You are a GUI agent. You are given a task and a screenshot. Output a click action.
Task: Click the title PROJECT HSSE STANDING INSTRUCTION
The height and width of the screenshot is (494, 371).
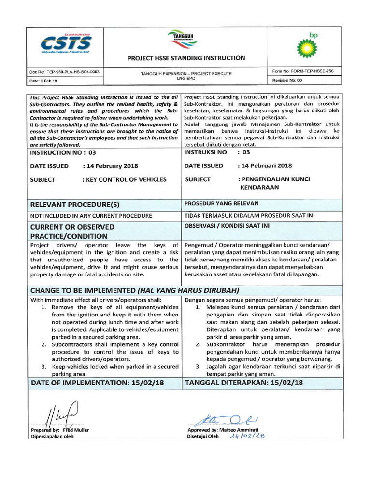pos(185,58)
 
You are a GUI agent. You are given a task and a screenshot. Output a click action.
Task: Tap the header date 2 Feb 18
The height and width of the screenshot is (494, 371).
pos(44,81)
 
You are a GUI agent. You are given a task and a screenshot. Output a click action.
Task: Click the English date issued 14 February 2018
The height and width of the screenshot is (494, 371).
pos(112,165)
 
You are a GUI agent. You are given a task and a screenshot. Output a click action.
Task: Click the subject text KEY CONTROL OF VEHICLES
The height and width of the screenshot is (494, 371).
pos(126,179)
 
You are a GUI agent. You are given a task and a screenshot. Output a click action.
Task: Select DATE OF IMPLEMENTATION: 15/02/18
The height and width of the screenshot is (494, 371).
pos(97,383)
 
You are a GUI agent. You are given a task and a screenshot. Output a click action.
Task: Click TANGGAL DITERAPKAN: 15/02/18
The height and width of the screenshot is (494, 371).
pos(244,383)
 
